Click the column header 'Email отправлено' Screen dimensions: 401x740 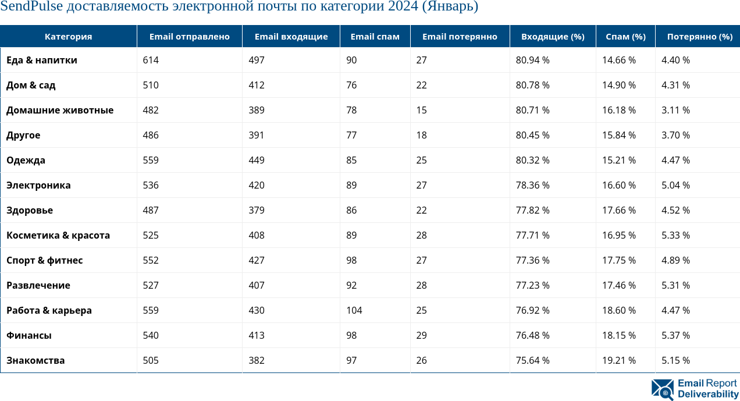coord(189,37)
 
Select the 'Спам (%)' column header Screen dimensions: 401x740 coord(625,37)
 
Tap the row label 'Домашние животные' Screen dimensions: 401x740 coord(60,111)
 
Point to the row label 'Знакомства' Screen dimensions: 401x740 coord(35,361)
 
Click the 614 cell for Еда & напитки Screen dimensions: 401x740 coord(151,61)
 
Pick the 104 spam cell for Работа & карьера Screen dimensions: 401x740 coord(354,311)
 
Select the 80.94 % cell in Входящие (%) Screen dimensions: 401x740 coord(532,61)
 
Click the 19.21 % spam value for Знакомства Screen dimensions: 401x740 coord(618,361)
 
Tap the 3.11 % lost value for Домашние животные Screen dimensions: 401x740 coord(675,111)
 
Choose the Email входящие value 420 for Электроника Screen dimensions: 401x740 coord(256,186)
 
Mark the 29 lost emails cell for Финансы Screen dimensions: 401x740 coord(421,336)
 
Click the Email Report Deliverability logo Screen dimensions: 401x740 coord(695,389)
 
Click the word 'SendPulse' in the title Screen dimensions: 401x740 coord(31,7)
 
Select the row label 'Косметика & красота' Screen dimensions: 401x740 coord(58,236)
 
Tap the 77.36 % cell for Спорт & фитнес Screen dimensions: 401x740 coord(532,261)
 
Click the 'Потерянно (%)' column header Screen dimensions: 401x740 coord(699,37)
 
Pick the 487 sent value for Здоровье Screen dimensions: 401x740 coord(151,211)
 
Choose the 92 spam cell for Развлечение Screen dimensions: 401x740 coord(351,286)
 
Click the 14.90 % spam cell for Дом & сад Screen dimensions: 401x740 coord(618,86)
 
